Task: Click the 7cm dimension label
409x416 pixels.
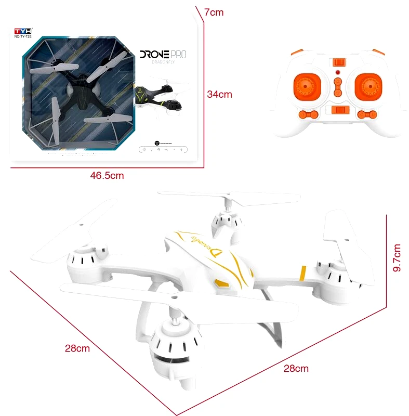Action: tap(214, 12)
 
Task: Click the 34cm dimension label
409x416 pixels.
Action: tap(219, 95)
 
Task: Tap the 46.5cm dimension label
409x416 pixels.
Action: tap(107, 175)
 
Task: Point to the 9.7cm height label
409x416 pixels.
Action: tap(397, 258)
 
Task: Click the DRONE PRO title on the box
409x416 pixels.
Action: tap(163, 54)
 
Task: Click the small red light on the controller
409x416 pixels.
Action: tap(337, 72)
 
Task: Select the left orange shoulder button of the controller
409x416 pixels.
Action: tap(297, 51)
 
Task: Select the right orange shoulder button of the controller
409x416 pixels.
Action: tap(377, 51)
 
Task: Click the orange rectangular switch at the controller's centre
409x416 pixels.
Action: tap(338, 110)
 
